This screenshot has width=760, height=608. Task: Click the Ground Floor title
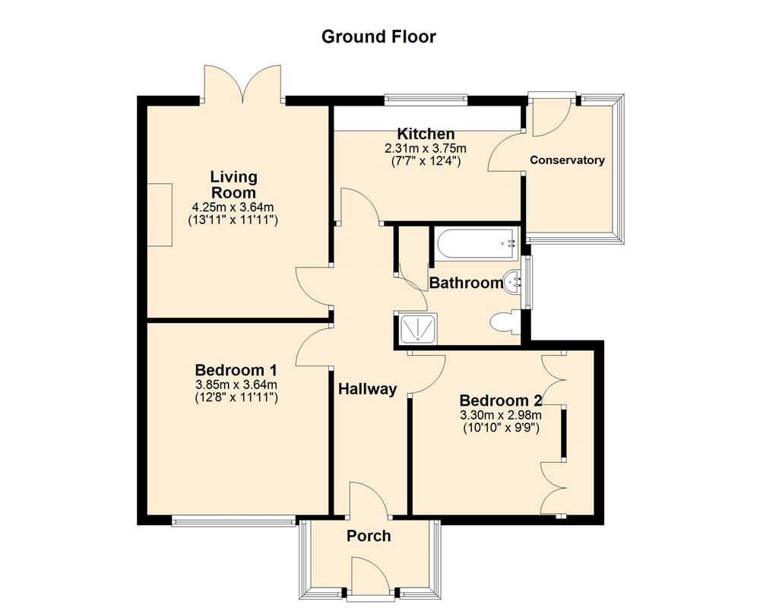(378, 36)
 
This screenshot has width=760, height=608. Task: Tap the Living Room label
(233, 184)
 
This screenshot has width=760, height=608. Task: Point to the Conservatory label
(567, 160)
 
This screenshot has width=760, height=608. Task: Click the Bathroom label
(466, 283)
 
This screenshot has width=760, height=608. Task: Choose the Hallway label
(368, 389)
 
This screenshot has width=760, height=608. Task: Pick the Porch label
(369, 536)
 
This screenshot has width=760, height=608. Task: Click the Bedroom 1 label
(236, 370)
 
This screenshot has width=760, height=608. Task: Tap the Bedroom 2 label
(500, 401)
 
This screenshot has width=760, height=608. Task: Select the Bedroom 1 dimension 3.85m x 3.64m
(236, 385)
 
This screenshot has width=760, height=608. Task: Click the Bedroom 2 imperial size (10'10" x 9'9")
(500, 428)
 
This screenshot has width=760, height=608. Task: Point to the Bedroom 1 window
(233, 521)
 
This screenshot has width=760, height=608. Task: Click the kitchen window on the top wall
(426, 97)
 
